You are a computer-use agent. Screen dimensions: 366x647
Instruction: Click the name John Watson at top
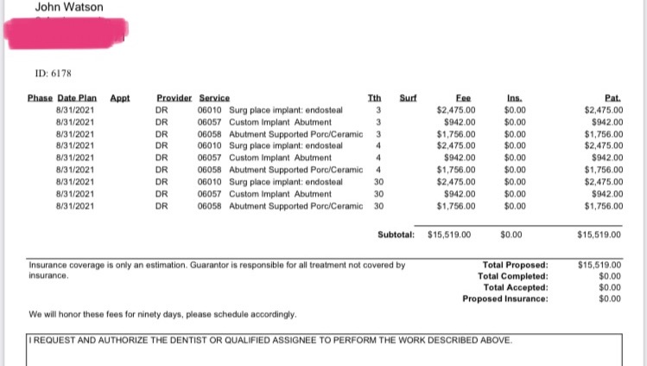[x=69, y=8]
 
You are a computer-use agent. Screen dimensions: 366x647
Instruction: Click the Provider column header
[x=173, y=99]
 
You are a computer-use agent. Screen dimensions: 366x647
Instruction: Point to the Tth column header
[x=374, y=99]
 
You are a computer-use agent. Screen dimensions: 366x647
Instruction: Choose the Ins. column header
[x=516, y=99]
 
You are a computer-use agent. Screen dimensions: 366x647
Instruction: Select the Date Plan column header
[x=75, y=99]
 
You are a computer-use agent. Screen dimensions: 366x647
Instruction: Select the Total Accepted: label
[x=516, y=287]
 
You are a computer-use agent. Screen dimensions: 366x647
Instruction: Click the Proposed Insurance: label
[x=505, y=299]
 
